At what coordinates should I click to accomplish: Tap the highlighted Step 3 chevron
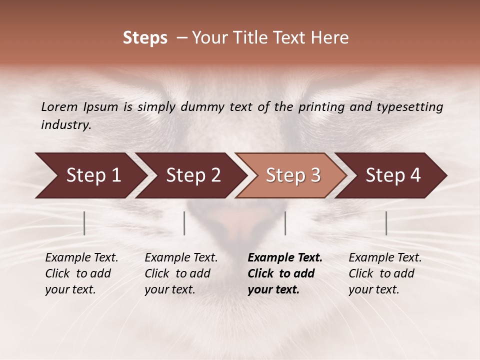pyautogui.click(x=292, y=175)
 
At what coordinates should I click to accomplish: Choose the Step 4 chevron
pyautogui.click(x=392, y=175)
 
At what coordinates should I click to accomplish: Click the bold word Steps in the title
pyautogui.click(x=145, y=38)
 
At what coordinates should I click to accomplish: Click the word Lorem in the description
pyautogui.click(x=59, y=107)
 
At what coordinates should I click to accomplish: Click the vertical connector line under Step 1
pyautogui.click(x=84, y=223)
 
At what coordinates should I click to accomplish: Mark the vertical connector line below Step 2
pyautogui.click(x=184, y=223)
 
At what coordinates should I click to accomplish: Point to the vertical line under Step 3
pyautogui.click(x=285, y=223)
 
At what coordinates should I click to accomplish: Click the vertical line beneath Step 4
pyautogui.click(x=386, y=223)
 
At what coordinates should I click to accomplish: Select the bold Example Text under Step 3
pyautogui.click(x=285, y=258)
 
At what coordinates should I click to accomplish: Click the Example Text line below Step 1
pyautogui.click(x=81, y=258)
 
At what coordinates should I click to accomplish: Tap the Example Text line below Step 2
pyautogui.click(x=181, y=258)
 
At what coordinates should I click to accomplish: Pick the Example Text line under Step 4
pyautogui.click(x=385, y=258)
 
